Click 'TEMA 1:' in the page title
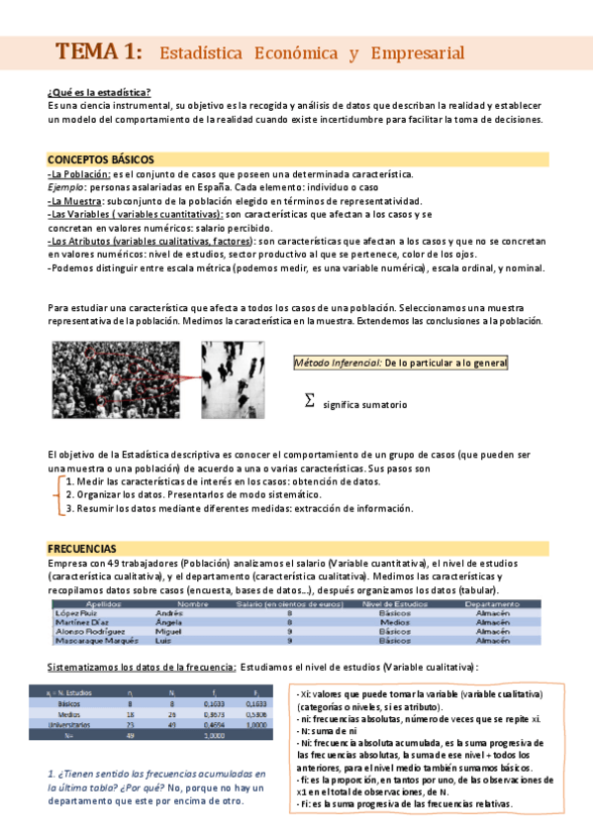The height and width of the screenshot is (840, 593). click(x=98, y=52)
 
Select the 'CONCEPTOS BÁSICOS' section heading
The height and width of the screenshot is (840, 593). click(x=100, y=158)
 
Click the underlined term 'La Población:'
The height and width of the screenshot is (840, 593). click(x=79, y=173)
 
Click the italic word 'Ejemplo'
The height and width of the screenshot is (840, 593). click(x=65, y=186)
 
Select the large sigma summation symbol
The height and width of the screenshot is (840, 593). click(x=310, y=400)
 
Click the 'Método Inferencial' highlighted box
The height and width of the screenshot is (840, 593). click(x=401, y=364)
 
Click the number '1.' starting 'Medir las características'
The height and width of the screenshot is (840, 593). click(x=69, y=481)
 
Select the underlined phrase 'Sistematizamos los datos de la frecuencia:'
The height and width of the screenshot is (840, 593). click(x=142, y=667)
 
